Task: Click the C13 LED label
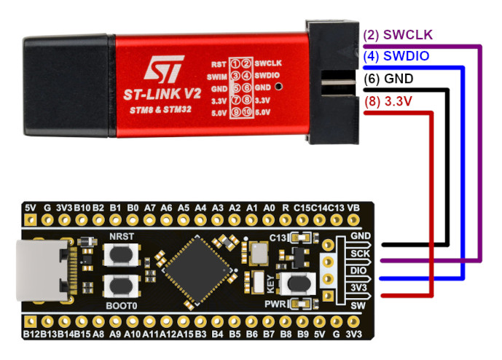point(278,238)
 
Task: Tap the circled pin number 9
point(237,111)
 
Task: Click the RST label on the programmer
point(217,63)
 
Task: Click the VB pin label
point(355,208)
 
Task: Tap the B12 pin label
point(31,334)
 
